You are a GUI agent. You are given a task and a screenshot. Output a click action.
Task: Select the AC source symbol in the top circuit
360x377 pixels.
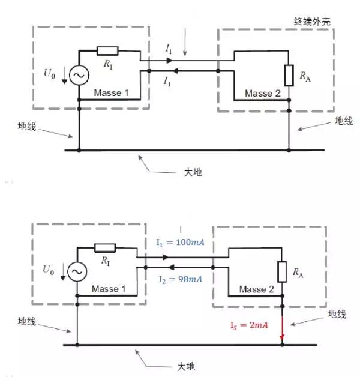pyautogui.click(x=79, y=76)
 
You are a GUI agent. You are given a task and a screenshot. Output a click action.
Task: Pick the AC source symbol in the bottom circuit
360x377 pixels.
pyautogui.click(x=77, y=272)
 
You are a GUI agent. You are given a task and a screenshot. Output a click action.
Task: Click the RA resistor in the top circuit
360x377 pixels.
pyautogui.click(x=289, y=75)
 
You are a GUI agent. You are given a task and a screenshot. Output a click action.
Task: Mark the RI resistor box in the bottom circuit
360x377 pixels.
pyautogui.click(x=105, y=247)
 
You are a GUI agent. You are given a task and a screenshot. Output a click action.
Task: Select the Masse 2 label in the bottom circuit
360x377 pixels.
pyautogui.click(x=257, y=289)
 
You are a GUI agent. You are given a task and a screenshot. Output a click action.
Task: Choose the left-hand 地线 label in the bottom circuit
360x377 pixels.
pyautogui.click(x=28, y=322)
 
